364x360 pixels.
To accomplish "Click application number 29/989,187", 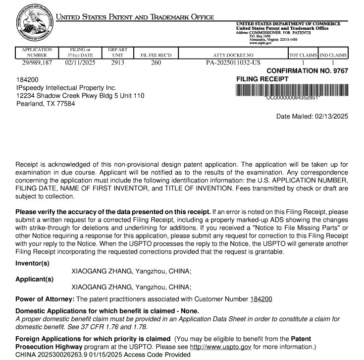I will [36, 63].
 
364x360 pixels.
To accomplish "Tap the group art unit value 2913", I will [118, 63].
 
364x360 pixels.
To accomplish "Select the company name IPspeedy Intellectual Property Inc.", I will [66, 87].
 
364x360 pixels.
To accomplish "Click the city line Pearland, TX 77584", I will [46, 104].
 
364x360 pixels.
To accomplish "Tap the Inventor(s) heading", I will [33, 263].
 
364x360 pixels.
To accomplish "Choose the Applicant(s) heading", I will [35, 279].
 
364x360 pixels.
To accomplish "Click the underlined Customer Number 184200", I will [261, 299].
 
